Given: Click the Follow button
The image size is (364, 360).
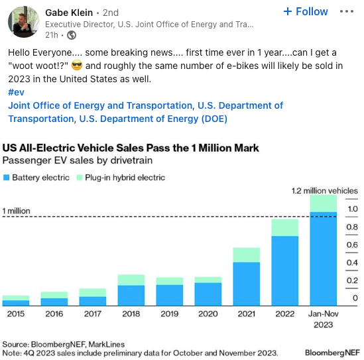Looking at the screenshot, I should pyautogui.click(x=305, y=11).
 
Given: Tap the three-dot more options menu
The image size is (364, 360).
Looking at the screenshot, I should pyautogui.click(x=347, y=12).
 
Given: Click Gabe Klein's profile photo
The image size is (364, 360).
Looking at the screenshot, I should pyautogui.click(x=22, y=23).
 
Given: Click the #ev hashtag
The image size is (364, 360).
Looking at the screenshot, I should pyautogui.click(x=15, y=92).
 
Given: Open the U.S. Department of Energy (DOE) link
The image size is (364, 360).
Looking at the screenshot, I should pyautogui.click(x=152, y=119).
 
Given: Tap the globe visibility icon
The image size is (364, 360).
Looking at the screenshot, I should pyautogui.click(x=72, y=35).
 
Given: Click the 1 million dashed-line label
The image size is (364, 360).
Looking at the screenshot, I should pyautogui.click(x=17, y=211).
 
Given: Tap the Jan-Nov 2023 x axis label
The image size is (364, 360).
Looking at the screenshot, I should pyautogui.click(x=322, y=319).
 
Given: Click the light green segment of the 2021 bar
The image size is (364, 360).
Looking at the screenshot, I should pyautogui.click(x=245, y=255).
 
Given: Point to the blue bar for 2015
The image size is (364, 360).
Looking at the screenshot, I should pyautogui.click(x=16, y=302).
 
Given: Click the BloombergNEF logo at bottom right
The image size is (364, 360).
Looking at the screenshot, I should pyautogui.click(x=332, y=348).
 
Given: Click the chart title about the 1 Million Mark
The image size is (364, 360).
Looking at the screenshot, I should pyautogui.click(x=131, y=148).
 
